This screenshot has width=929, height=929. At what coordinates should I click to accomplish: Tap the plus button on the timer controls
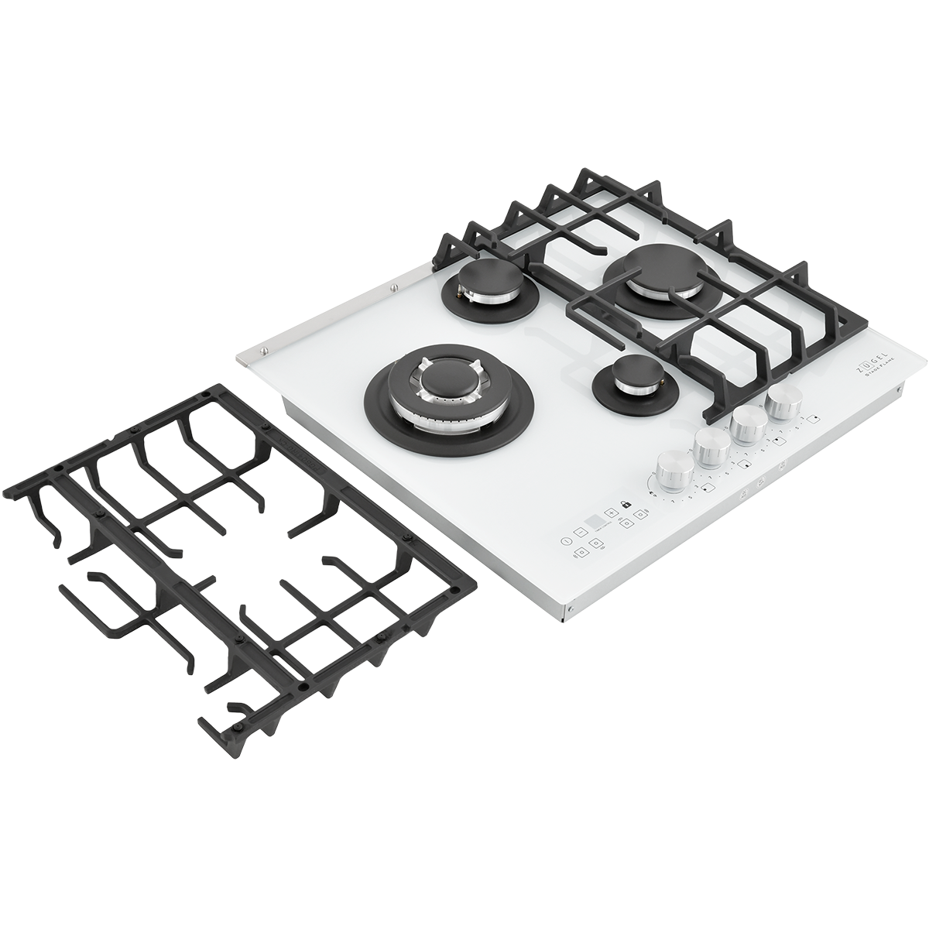point(611,512)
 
